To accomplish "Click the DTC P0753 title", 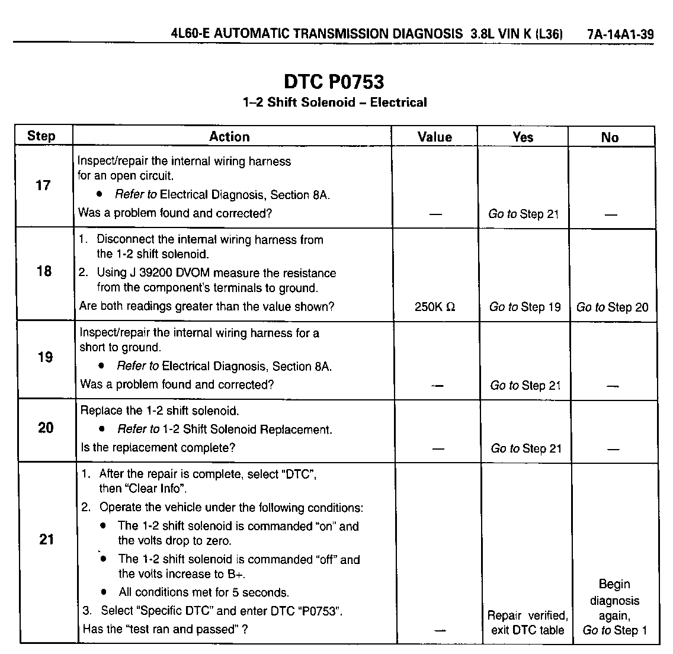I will tap(334, 81).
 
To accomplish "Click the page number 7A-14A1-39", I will tap(620, 34).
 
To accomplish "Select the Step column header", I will tap(41, 136).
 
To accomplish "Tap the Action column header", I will tap(229, 137).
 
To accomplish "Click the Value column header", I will tap(434, 137).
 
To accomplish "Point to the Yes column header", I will tap(523, 137).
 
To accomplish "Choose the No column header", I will tap(610, 137).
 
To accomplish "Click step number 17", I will tap(43, 185).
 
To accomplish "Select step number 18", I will tap(44, 271).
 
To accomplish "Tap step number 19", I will tap(45, 357).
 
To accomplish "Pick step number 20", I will tap(46, 428).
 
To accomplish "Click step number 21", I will tap(46, 540).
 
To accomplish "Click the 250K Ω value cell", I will tap(435, 307).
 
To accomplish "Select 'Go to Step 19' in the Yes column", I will tap(525, 307).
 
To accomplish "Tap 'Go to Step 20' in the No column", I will tap(612, 307).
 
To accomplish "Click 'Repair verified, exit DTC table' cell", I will tap(527, 623).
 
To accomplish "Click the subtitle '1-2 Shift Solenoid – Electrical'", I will tap(334, 102).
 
